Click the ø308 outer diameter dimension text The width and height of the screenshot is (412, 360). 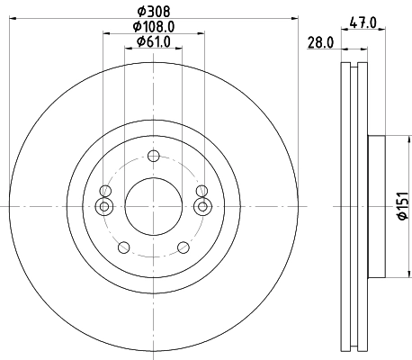pyautogui.click(x=152, y=12)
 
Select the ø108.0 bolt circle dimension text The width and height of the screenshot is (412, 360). pyautogui.click(x=152, y=27)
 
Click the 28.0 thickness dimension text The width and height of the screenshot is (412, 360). pyautogui.click(x=321, y=42)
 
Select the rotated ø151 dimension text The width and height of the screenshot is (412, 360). pyautogui.click(x=401, y=206)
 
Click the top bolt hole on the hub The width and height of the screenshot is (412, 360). pyautogui.click(x=152, y=157)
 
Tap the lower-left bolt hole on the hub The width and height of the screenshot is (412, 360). pyautogui.click(x=122, y=247)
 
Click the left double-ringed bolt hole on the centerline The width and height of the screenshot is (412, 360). pyautogui.click(x=104, y=207)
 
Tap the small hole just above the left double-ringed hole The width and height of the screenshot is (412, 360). pyautogui.click(x=105, y=191)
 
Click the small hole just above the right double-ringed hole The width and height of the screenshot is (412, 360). pyautogui.click(x=202, y=190)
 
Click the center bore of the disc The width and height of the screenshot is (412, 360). pyautogui.click(x=152, y=207)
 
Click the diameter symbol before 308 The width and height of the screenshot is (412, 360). pyautogui.click(x=139, y=12)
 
